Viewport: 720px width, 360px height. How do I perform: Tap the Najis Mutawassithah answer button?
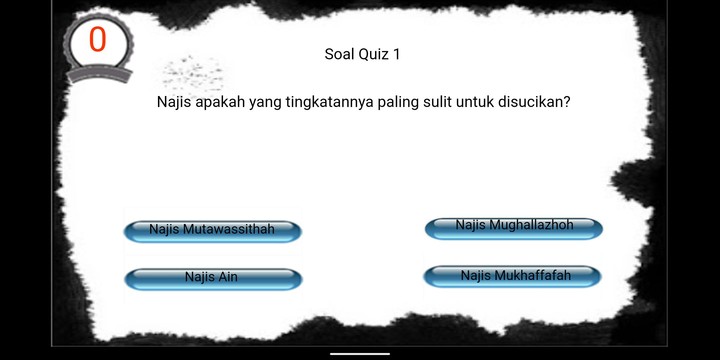212,231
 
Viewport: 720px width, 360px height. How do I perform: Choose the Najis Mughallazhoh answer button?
514,228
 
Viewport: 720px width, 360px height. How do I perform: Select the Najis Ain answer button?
212,278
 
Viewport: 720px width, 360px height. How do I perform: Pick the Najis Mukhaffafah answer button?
514,276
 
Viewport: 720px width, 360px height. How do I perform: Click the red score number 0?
97,41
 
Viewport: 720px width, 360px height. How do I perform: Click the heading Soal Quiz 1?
362,54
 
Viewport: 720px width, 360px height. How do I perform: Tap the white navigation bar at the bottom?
359,353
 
